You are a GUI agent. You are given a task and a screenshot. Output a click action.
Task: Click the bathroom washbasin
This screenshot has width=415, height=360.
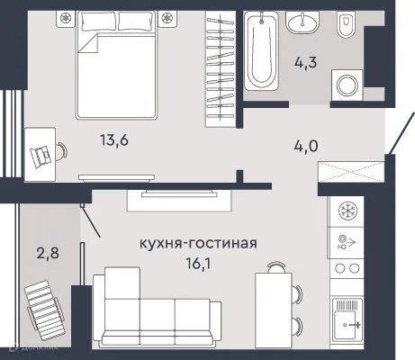click(299, 24)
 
